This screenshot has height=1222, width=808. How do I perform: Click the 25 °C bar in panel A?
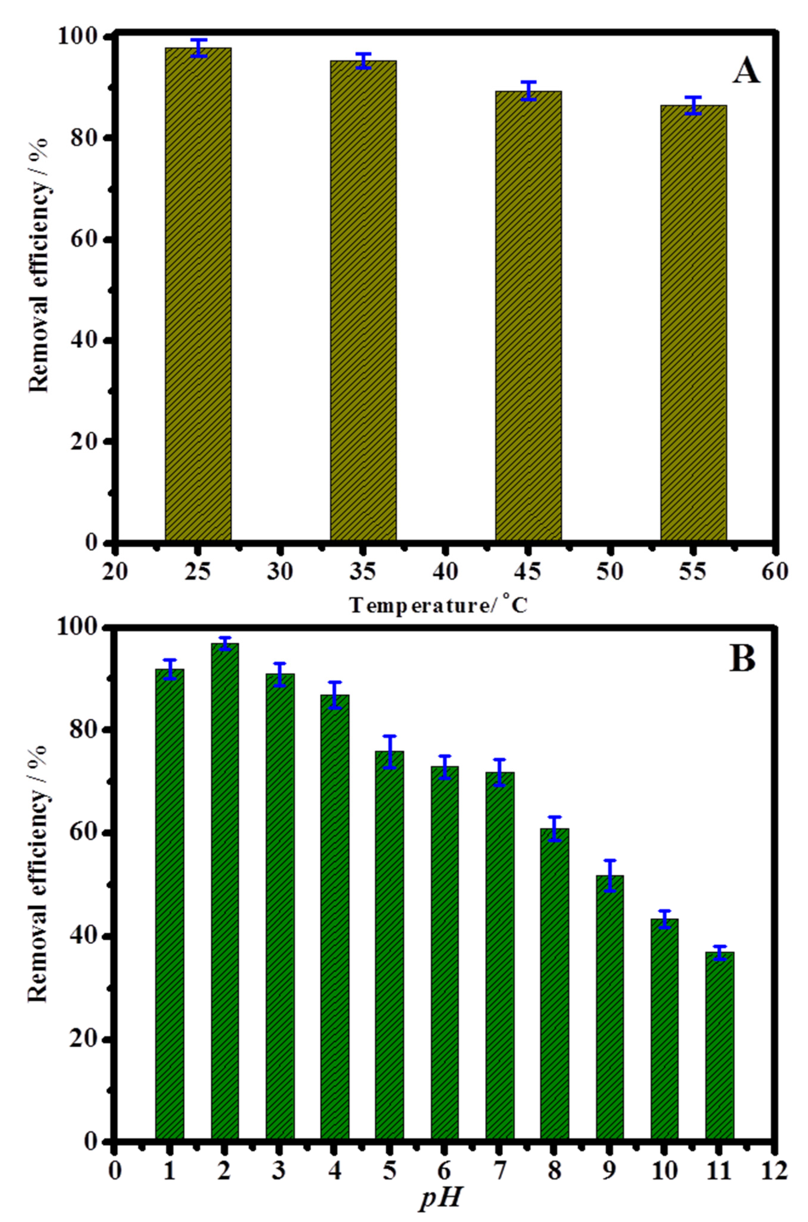tap(198, 294)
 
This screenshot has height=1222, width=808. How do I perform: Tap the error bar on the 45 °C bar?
tap(528, 91)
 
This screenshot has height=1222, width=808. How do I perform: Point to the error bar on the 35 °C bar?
tap(363, 61)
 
